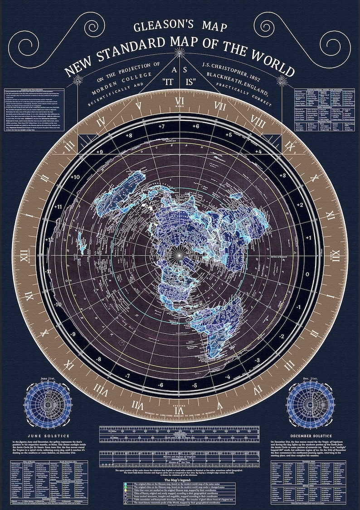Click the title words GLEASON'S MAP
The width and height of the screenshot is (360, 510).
[180, 27]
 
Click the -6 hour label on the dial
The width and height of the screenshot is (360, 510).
[160, 385]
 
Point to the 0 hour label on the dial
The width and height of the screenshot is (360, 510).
[308, 274]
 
